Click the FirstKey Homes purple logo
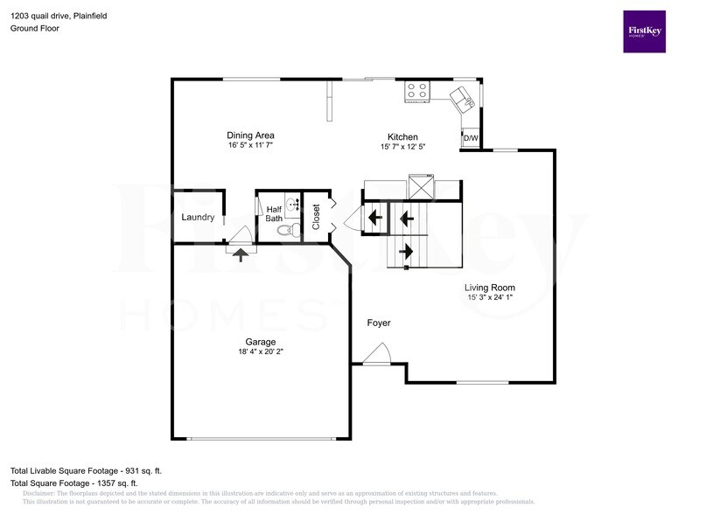pyautogui.click(x=644, y=31)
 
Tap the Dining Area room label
pyautogui.click(x=251, y=135)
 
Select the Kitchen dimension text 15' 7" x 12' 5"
pyautogui.click(x=402, y=147)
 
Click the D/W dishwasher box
pyautogui.click(x=471, y=139)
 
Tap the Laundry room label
pyautogui.click(x=198, y=217)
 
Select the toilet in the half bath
pyautogui.click(x=283, y=231)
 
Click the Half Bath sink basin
pyautogui.click(x=291, y=206)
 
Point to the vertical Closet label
pyautogui.click(x=316, y=215)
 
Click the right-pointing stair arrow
pyautogui.click(x=406, y=251)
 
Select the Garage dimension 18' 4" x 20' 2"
pyautogui.click(x=261, y=351)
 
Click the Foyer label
pyautogui.click(x=379, y=323)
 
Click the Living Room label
pyautogui.click(x=490, y=287)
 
